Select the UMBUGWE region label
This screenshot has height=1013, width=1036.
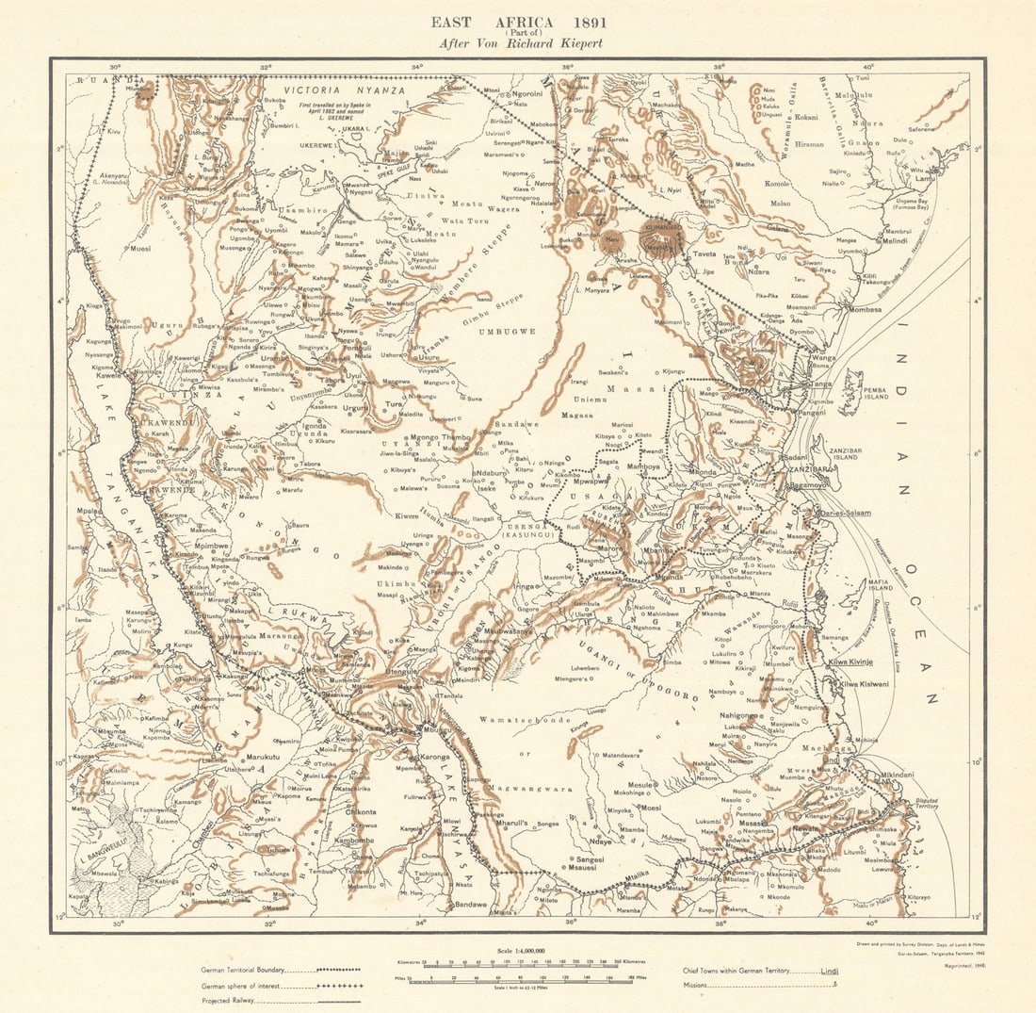point(506,332)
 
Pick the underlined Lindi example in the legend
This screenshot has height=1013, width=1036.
point(828,970)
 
